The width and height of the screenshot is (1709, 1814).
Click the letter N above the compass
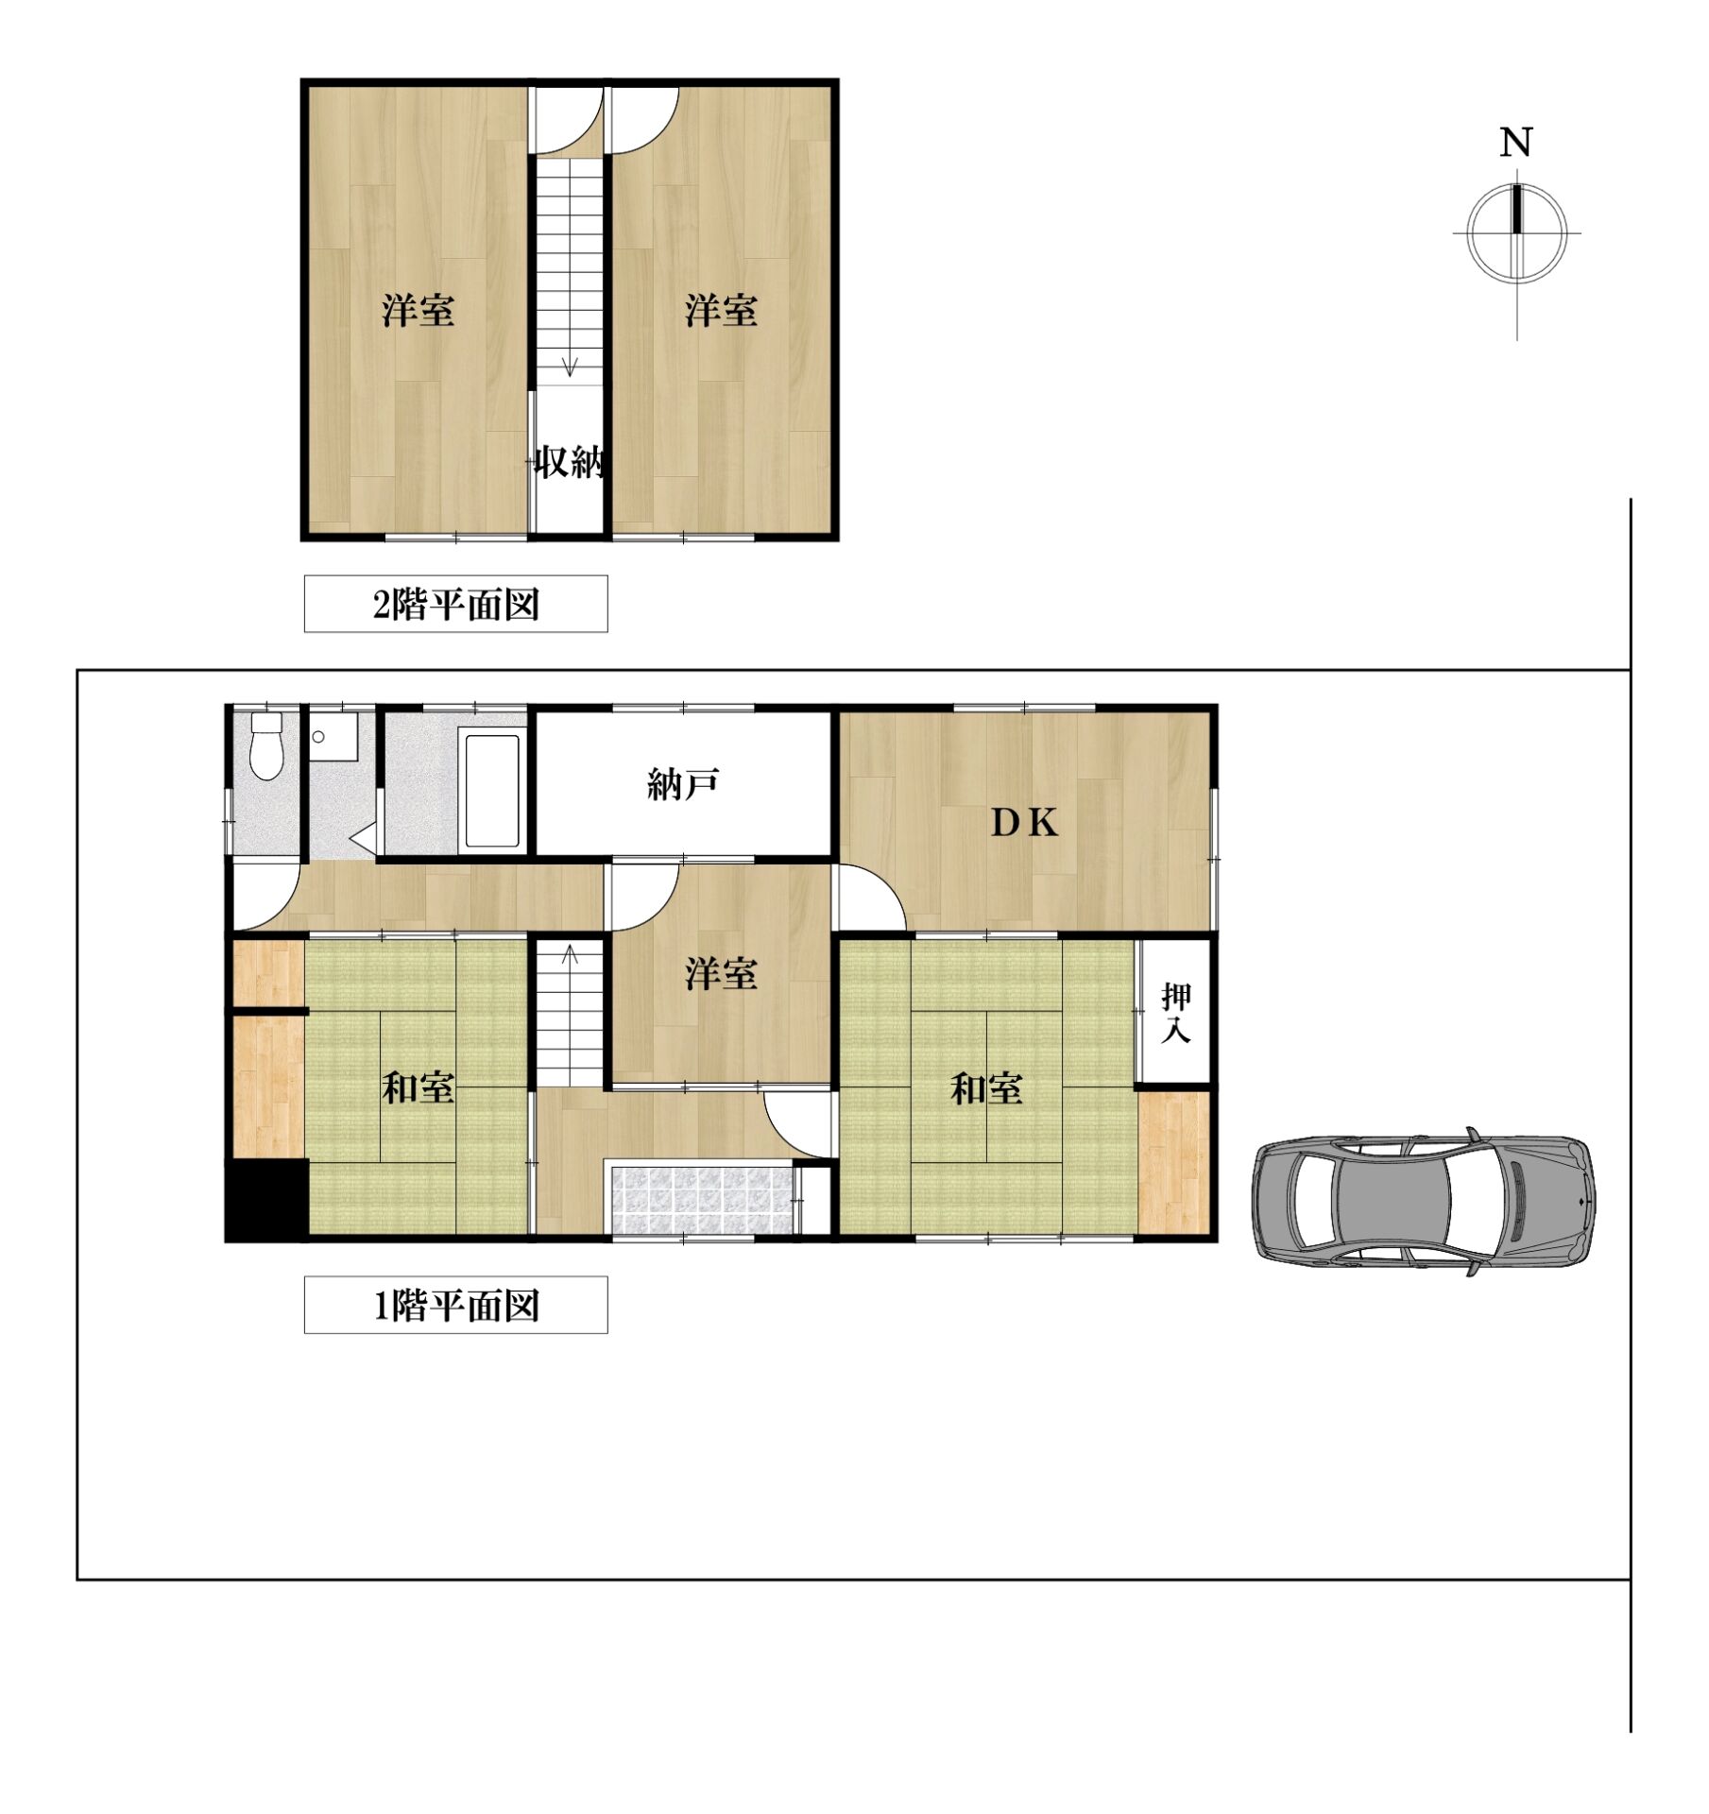(1515, 143)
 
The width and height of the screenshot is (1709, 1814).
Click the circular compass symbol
(1515, 232)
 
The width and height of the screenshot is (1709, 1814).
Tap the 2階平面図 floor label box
(455, 604)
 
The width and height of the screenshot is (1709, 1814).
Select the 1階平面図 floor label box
(455, 1305)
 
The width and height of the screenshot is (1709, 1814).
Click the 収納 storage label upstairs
(570, 463)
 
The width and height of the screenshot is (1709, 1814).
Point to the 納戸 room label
(683, 784)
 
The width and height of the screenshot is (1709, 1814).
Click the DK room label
(1024, 824)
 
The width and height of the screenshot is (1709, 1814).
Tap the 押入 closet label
(1175, 1013)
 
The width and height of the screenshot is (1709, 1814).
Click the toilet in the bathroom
(266, 745)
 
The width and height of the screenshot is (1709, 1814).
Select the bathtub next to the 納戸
(492, 786)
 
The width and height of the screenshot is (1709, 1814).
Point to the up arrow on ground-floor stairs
(570, 955)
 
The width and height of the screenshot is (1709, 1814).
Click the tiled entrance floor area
(704, 1200)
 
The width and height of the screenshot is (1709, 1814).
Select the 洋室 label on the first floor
(721, 974)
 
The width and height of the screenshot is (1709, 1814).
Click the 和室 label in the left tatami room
(418, 1088)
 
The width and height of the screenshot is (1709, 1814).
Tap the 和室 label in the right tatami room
(986, 1088)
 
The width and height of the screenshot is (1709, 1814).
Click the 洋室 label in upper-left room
(418, 311)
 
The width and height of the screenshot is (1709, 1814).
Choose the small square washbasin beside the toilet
(333, 736)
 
